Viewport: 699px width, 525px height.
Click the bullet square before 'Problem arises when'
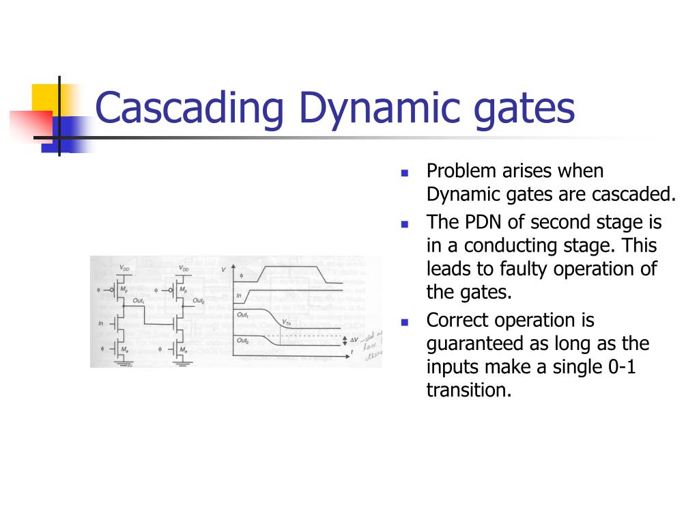click(x=404, y=172)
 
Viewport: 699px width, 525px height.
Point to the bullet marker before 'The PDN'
click(x=404, y=224)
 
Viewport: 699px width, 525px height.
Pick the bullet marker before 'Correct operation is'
click(x=404, y=321)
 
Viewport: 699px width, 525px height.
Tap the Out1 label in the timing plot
click(x=242, y=314)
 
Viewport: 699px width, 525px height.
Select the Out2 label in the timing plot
click(x=242, y=340)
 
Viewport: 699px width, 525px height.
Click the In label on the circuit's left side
click(x=101, y=323)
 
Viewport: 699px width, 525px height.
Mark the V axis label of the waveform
click(x=224, y=270)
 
